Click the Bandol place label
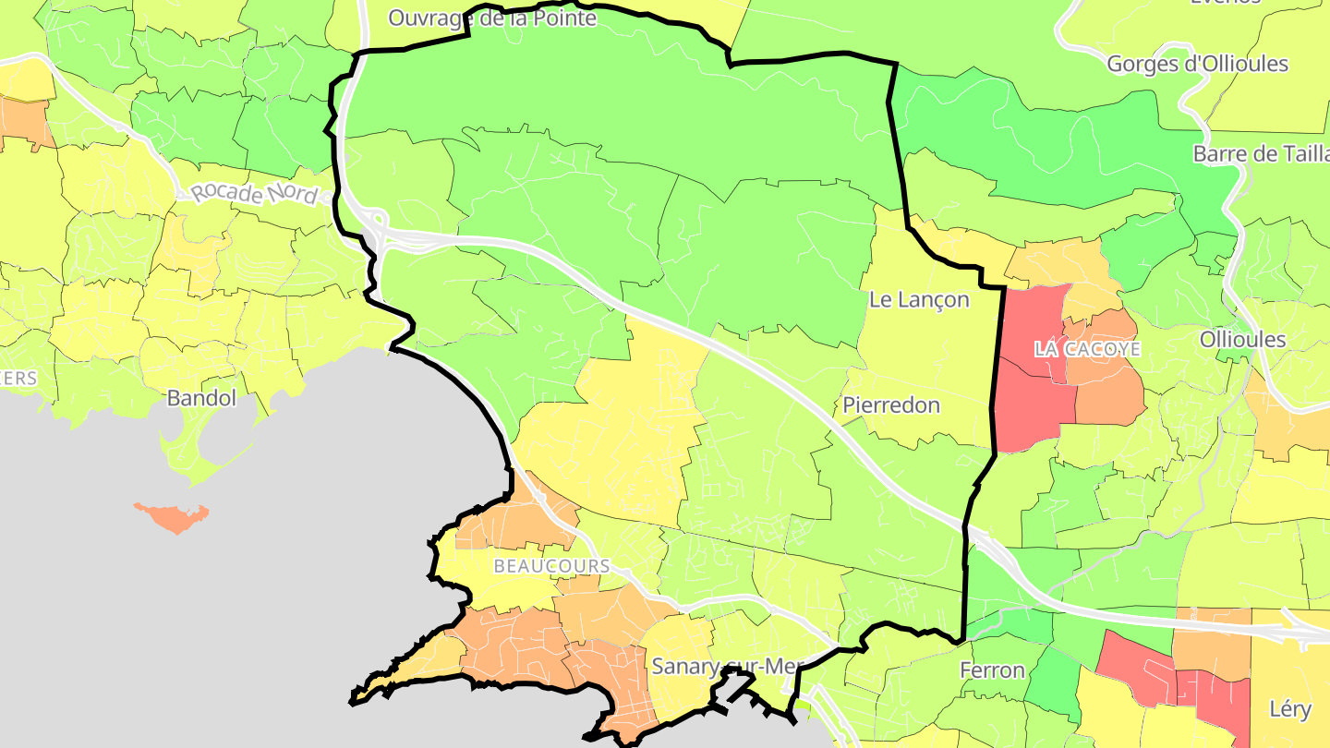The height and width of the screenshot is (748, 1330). [201, 398]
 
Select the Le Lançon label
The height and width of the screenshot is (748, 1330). [919, 299]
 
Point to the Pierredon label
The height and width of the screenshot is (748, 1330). [891, 404]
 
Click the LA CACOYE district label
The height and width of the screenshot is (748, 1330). [1087, 349]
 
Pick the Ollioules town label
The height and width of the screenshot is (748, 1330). [1242, 339]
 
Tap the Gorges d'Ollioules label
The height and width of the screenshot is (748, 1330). [1197, 64]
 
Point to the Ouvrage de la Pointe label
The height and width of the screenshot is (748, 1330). [492, 17]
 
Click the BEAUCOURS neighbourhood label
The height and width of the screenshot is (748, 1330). [551, 565]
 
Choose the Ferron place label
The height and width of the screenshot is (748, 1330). [992, 670]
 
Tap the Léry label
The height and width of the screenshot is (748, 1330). [1289, 709]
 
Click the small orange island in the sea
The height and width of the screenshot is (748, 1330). [173, 517]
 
